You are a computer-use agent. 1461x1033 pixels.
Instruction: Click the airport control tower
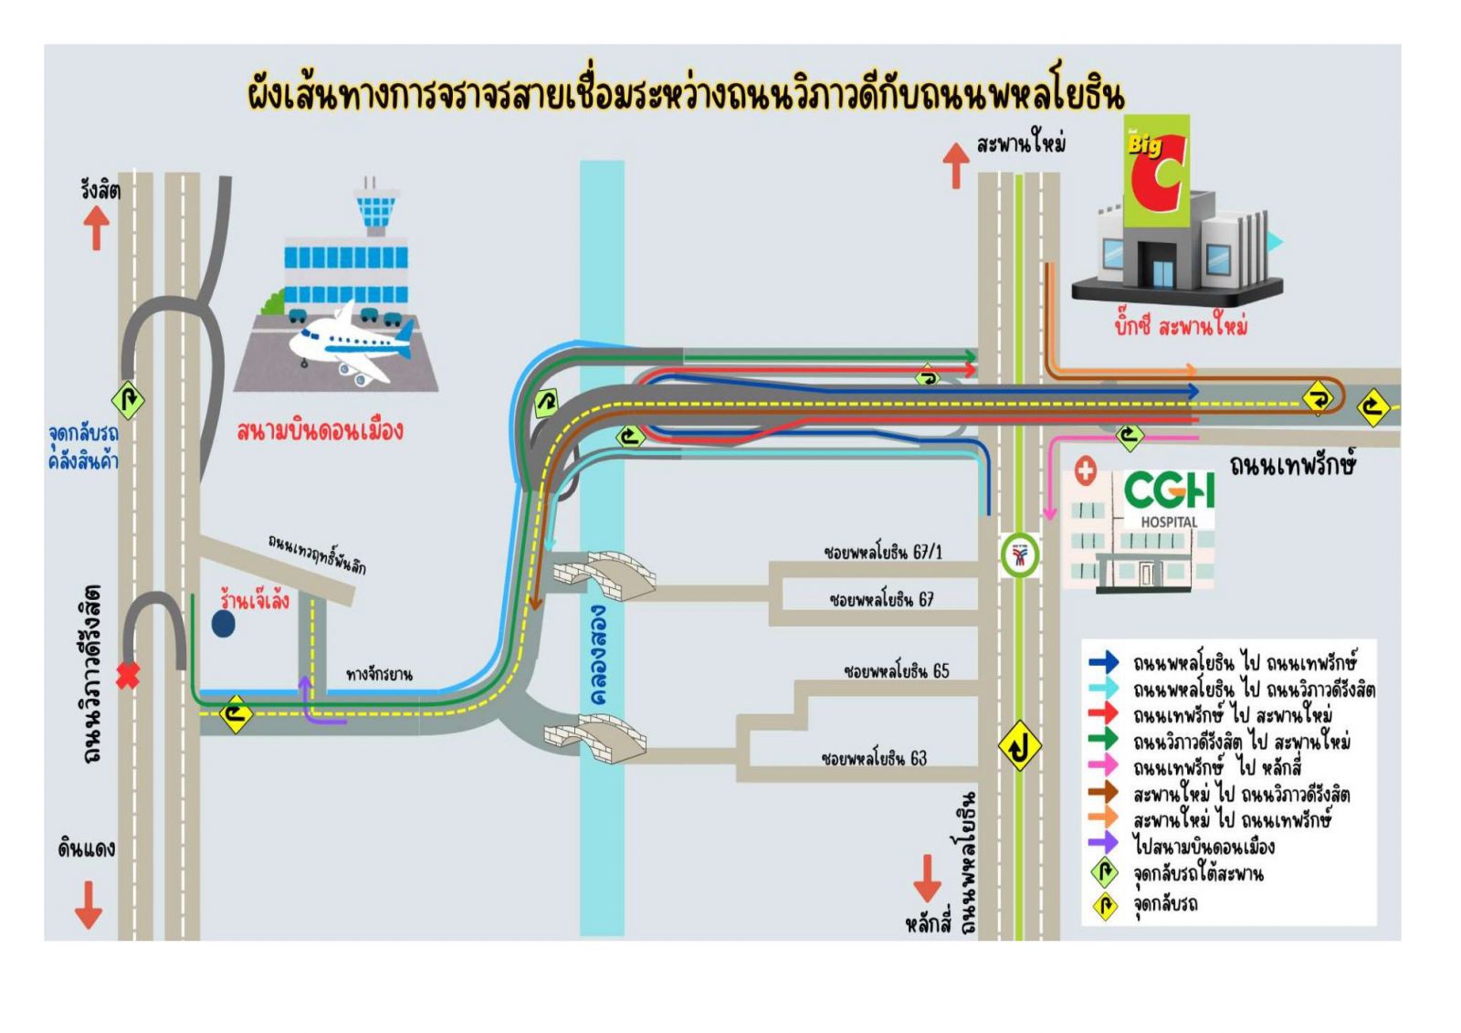pyautogui.click(x=375, y=206)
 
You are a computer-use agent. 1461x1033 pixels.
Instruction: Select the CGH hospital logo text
pyautogui.click(x=1169, y=490)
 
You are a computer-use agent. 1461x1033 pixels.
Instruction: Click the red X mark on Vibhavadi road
pyautogui.click(x=128, y=675)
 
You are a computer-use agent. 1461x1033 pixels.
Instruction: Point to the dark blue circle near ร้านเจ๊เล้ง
pyautogui.click(x=223, y=624)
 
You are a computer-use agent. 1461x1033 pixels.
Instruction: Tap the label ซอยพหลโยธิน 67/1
pyautogui.click(x=883, y=553)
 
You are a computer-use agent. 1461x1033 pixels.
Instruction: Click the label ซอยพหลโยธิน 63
pyautogui.click(x=874, y=758)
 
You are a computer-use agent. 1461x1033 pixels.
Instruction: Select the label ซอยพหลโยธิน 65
pyautogui.click(x=897, y=670)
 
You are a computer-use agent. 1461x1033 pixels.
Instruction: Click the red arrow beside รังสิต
pyautogui.click(x=97, y=227)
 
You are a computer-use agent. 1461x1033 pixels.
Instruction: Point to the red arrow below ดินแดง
pyautogui.click(x=88, y=905)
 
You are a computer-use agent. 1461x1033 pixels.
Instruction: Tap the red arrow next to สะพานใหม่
pyautogui.click(x=956, y=165)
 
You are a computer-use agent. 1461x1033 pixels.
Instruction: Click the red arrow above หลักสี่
pyautogui.click(x=927, y=879)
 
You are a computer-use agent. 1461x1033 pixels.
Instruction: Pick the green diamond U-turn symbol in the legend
pyautogui.click(x=1105, y=873)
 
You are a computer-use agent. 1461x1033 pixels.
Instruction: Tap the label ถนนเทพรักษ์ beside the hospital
pyautogui.click(x=1293, y=466)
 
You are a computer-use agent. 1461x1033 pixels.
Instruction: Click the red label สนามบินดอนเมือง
pyautogui.click(x=320, y=431)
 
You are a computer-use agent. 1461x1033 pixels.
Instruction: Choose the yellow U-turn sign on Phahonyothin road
pyautogui.click(x=1019, y=745)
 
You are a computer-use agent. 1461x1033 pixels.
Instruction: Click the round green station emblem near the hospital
pyautogui.click(x=1020, y=555)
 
